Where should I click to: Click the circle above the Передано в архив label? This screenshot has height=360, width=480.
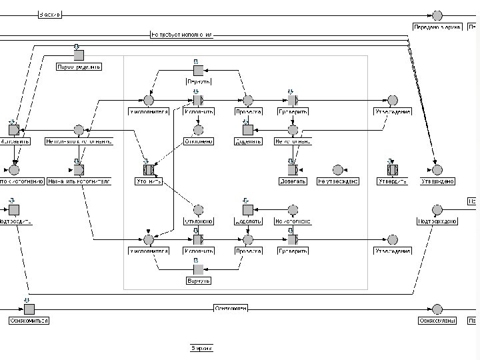pos(437,15)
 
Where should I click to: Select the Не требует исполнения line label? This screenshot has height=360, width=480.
pos(181,34)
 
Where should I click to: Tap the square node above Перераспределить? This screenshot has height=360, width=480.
pos(79,55)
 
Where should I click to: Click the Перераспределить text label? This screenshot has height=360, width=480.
pos(79,67)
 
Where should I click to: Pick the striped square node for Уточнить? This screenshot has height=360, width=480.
pos(149,169)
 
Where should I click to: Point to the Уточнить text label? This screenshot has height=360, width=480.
pos(149,181)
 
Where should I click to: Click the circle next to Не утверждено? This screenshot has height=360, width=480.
pos(338,169)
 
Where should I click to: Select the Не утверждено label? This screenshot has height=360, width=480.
pos(338,181)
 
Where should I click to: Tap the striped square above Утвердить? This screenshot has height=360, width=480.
pos(393,169)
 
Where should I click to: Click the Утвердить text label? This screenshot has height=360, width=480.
pos(393,181)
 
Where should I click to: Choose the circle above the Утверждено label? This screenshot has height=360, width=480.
pos(437,169)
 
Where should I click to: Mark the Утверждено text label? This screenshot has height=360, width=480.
pos(437,181)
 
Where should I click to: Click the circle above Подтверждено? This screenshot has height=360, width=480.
pos(437,210)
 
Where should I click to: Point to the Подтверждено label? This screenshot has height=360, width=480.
pos(437,222)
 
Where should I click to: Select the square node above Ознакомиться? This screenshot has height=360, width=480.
pos(29,309)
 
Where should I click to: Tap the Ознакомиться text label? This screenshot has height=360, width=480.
pos(29,321)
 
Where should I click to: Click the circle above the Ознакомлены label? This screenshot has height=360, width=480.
pos(437,309)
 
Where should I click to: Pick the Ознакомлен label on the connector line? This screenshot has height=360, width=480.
pos(231,308)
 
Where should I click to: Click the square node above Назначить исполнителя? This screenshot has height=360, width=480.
pos(79,169)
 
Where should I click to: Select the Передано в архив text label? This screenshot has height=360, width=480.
pos(437,27)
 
